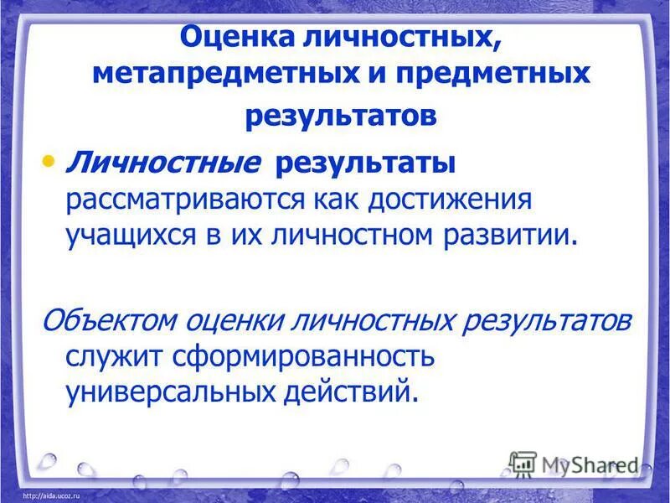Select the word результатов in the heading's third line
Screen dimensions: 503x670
click(341, 115)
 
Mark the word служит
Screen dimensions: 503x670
click(112, 355)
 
